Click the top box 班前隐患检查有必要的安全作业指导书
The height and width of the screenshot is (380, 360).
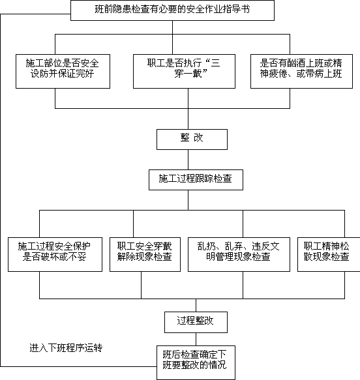click(x=172, y=10)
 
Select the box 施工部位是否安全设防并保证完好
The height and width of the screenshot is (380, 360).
click(x=63, y=71)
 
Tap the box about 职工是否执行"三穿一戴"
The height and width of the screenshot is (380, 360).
click(x=184, y=71)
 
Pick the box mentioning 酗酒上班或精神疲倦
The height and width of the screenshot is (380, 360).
click(x=301, y=71)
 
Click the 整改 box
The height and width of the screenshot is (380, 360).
click(x=192, y=139)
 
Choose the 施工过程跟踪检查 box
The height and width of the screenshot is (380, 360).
click(x=196, y=180)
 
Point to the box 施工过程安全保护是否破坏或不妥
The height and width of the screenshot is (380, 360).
click(x=55, y=254)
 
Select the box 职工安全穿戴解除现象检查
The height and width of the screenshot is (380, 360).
click(x=145, y=254)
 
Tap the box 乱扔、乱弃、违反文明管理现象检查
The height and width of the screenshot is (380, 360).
click(x=239, y=254)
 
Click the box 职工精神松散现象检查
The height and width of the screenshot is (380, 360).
click(x=329, y=254)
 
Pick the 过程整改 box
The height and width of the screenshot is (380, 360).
click(x=196, y=323)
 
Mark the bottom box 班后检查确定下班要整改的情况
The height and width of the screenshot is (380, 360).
click(x=196, y=363)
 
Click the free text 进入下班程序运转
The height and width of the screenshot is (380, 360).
click(x=66, y=348)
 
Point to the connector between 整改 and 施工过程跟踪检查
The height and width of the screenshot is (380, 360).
click(x=188, y=160)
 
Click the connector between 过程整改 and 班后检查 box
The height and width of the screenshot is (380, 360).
click(x=196, y=340)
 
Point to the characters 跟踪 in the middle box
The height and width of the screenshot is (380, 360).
click(x=204, y=179)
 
